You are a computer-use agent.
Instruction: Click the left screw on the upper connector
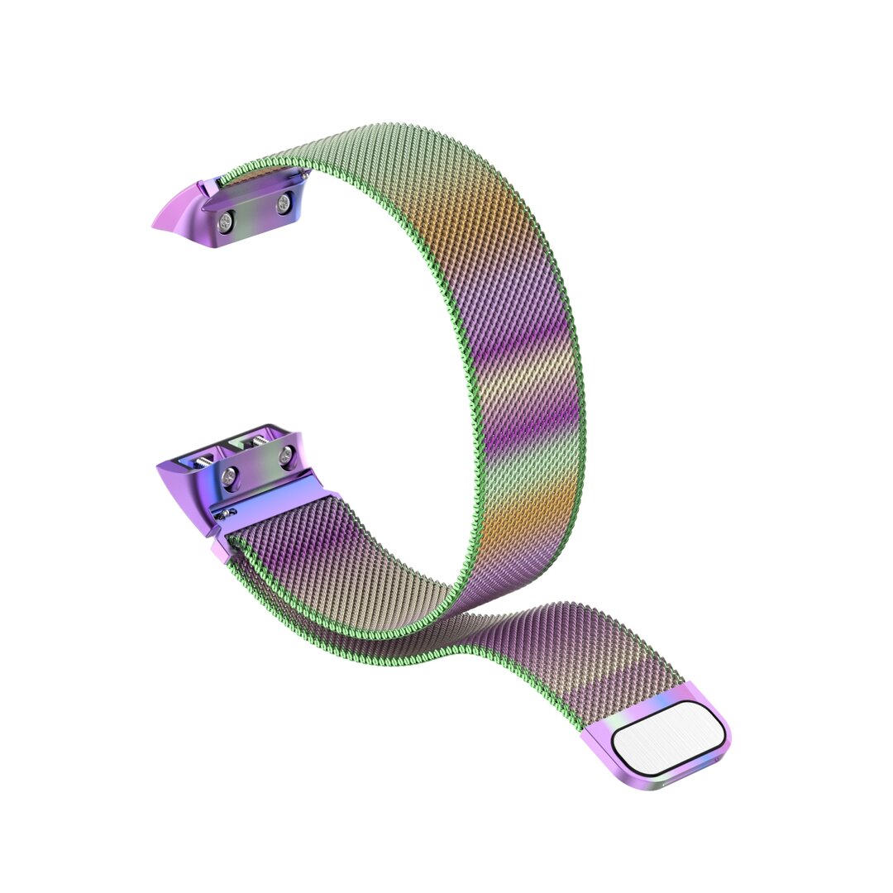pyautogui.click(x=226, y=220)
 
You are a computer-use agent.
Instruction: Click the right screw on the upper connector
pyautogui.click(x=283, y=203)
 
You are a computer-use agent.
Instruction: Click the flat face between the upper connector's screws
pyautogui.click(x=255, y=211)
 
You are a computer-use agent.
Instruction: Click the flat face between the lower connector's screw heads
pyautogui.click(x=258, y=466)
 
